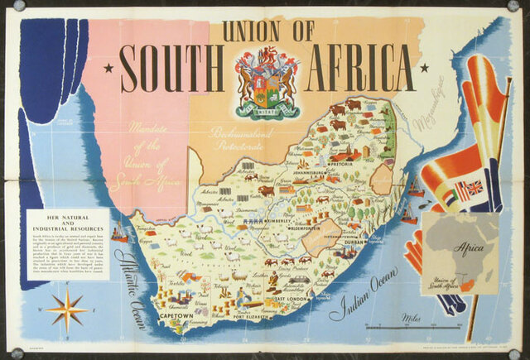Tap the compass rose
pos(66,310)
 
